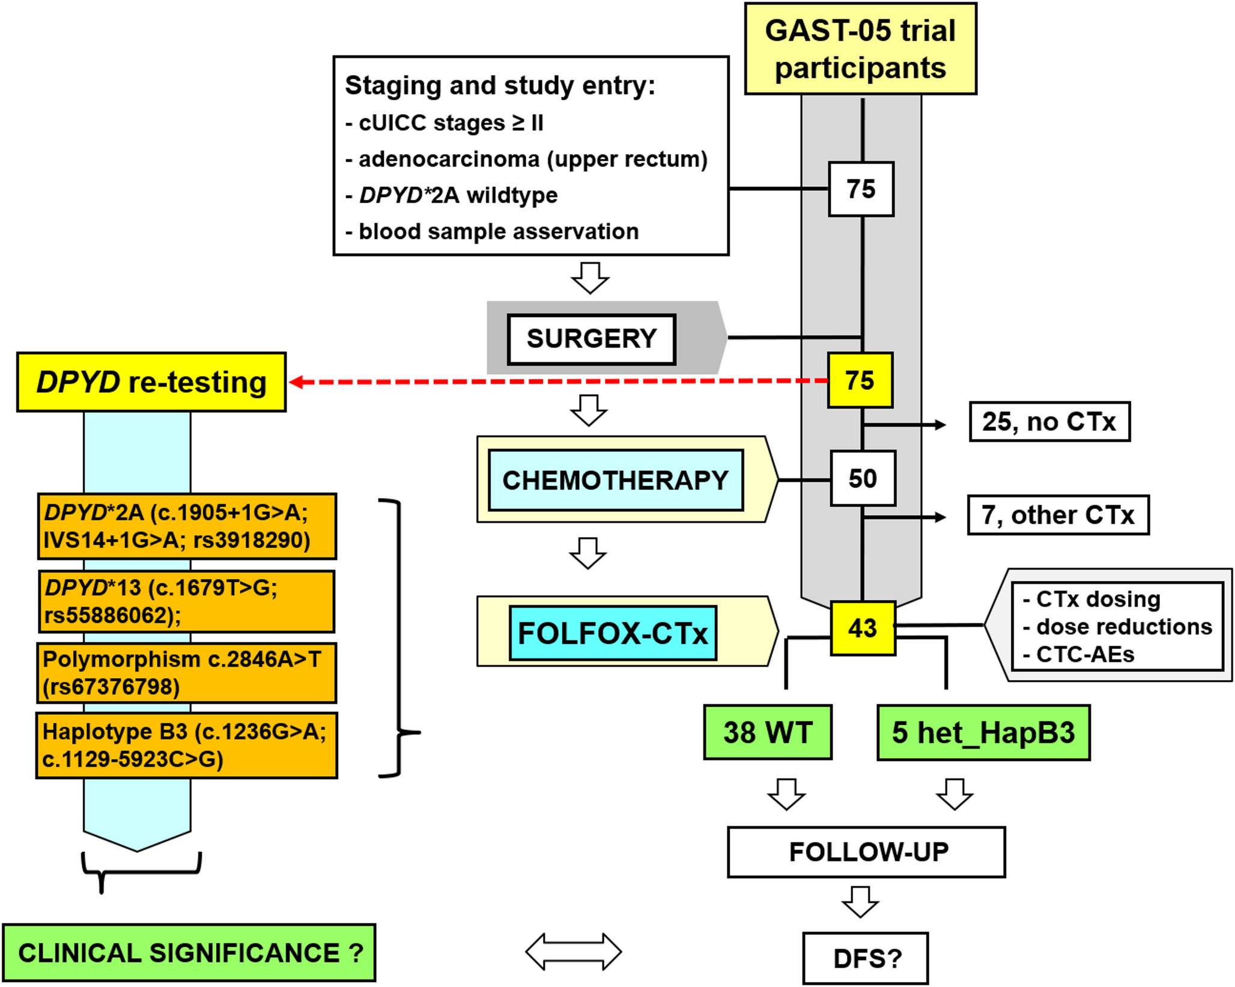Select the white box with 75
click(x=861, y=189)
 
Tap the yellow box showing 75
click(x=860, y=380)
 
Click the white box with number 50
click(x=863, y=479)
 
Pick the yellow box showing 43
click(x=863, y=628)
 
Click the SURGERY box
click(x=592, y=339)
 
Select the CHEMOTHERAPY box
click(x=616, y=480)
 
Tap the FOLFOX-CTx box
click(x=613, y=633)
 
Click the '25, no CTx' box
click(x=1049, y=422)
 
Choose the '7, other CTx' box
click(x=1058, y=515)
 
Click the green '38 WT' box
click(x=768, y=732)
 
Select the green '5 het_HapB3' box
click(x=983, y=732)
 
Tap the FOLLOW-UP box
click(x=866, y=852)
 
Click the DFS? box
click(x=866, y=958)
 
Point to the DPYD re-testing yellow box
click(x=151, y=382)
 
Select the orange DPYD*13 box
click(x=186, y=601)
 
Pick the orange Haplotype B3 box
click(x=186, y=746)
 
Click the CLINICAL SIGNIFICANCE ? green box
click(x=189, y=953)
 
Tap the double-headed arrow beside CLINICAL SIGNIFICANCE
click(x=573, y=952)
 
